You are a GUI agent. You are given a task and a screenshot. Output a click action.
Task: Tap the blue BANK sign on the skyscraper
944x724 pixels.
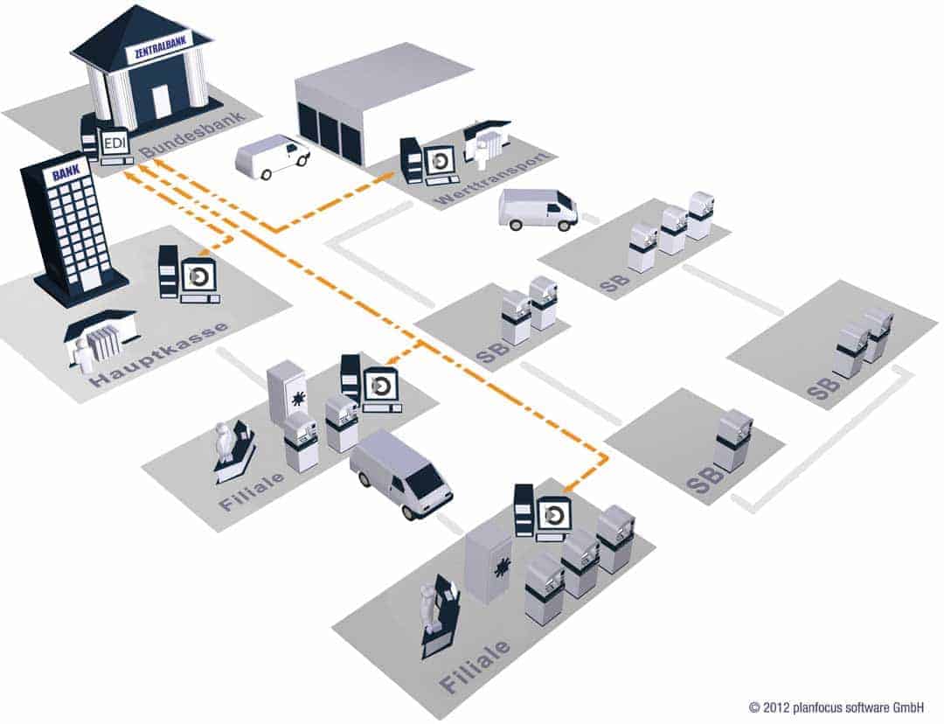[66, 172]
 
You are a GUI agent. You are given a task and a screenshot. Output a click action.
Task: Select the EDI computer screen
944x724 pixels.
[114, 144]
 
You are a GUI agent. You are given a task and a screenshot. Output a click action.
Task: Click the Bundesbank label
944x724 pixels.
[194, 135]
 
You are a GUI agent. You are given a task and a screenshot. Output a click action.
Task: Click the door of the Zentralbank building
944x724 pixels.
[161, 101]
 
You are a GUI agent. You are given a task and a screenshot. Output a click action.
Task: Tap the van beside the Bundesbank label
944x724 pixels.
[272, 156]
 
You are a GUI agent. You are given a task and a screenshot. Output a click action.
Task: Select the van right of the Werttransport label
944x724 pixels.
[538, 209]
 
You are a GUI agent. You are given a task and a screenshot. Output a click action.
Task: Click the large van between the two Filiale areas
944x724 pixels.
[401, 473]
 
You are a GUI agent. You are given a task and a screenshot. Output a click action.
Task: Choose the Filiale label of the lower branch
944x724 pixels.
[475, 665]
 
